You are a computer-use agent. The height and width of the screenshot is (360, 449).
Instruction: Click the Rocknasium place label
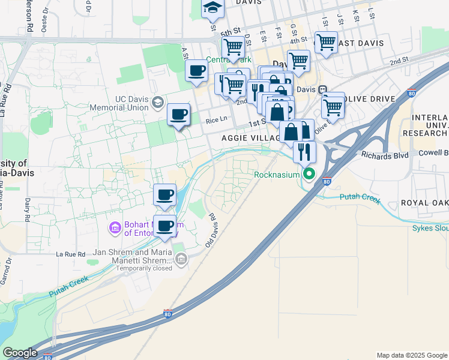point(276,175)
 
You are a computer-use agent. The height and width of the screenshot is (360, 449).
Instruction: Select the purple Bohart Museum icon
point(115,228)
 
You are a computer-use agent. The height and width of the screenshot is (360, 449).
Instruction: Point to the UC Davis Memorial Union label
point(117,103)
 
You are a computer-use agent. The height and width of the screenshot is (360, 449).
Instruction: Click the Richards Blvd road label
point(385,155)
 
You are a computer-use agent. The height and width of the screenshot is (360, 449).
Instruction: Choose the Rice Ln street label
point(216,119)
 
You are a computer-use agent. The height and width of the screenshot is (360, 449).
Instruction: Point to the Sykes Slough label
point(430,228)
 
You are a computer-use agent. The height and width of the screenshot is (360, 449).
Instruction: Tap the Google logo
point(20,353)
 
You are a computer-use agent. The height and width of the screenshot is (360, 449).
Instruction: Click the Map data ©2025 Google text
point(411,355)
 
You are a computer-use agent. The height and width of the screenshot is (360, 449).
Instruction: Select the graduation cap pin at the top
point(212,8)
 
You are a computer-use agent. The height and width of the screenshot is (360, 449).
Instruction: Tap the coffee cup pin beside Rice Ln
point(178,115)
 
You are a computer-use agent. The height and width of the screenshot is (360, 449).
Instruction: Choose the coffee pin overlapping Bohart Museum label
point(165,226)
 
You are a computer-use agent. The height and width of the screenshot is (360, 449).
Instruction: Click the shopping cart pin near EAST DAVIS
point(325,43)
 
